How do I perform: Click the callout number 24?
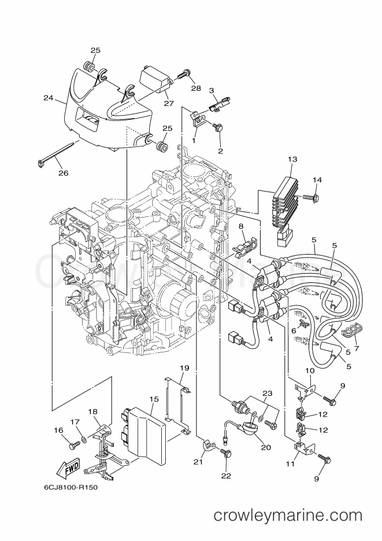[x=48, y=98]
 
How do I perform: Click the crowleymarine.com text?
[x=288, y=514]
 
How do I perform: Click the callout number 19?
[x=184, y=368]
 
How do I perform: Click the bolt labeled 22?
[x=226, y=457]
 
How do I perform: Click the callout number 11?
[x=290, y=463]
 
